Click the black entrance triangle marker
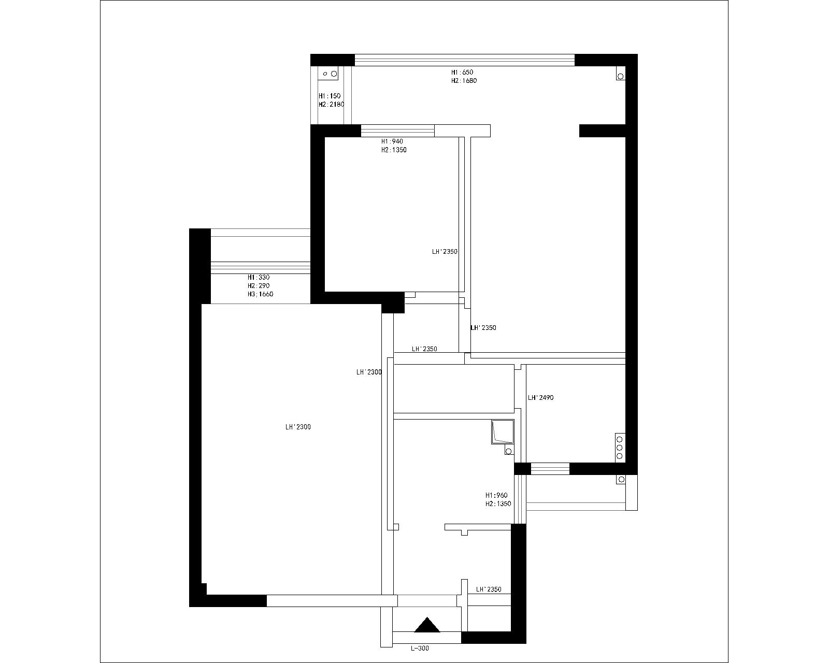[x=427, y=625]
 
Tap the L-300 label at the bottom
[x=420, y=648]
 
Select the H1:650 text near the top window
[x=462, y=73]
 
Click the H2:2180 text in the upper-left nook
[x=331, y=105]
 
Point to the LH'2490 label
[x=540, y=398]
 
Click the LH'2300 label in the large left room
[x=297, y=427]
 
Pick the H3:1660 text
[x=260, y=294]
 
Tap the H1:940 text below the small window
[x=392, y=141]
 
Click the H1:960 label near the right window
[x=496, y=495]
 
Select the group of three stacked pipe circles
[x=619, y=448]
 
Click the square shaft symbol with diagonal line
[x=502, y=433]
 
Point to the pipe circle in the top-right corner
[x=620, y=76]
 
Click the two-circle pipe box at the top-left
[x=328, y=74]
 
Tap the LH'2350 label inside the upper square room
[x=445, y=252]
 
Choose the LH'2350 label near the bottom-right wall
[x=488, y=589]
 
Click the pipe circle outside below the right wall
[x=621, y=480]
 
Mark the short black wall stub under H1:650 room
[x=602, y=131]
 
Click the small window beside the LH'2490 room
[x=550, y=469]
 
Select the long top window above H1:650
[x=465, y=60]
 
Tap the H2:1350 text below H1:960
[x=498, y=504]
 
